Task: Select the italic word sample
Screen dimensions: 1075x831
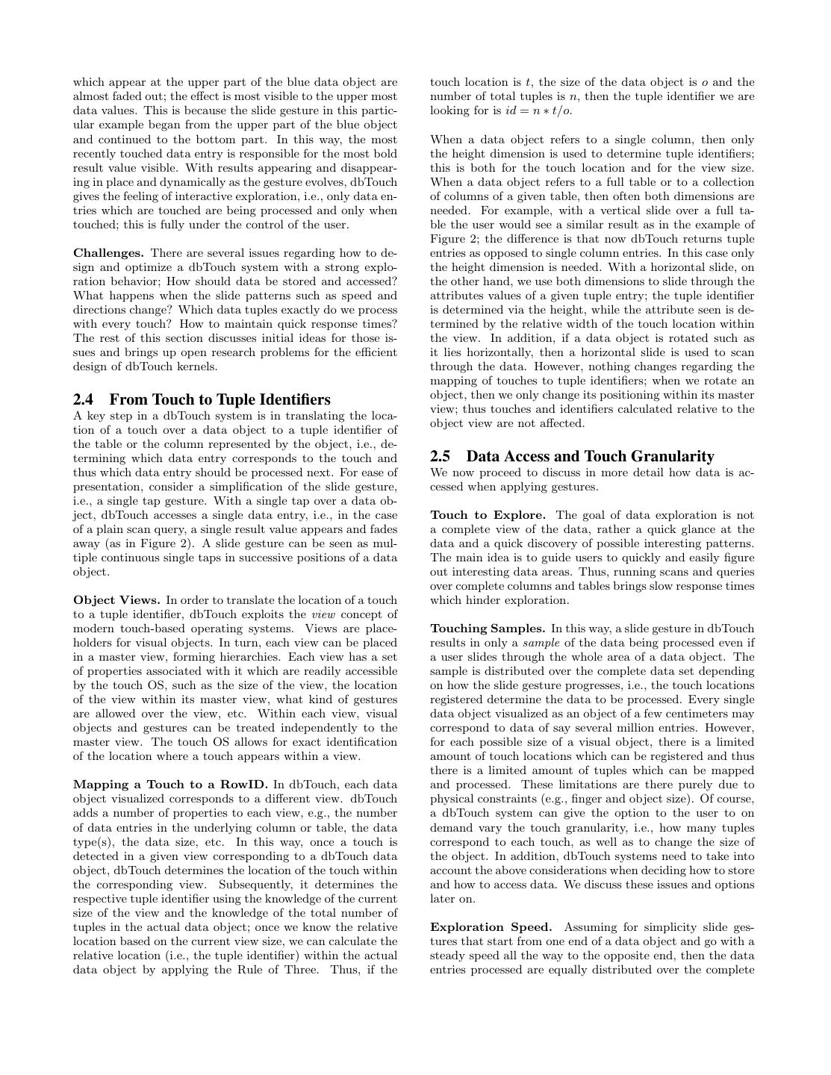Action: pyautogui.click(x=540, y=643)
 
